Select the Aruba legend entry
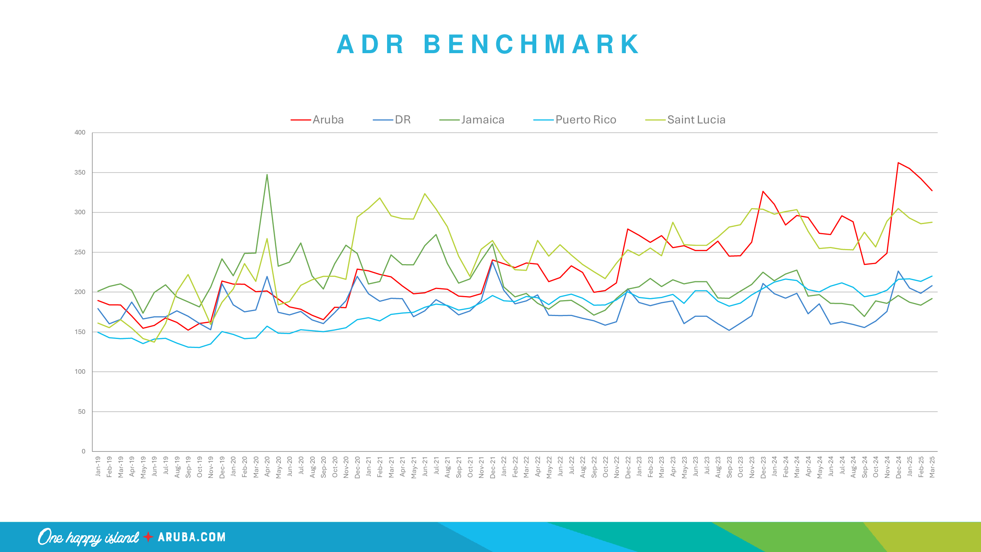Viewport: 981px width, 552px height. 328,120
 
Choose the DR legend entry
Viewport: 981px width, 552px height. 403,120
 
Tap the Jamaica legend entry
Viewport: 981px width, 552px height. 482,120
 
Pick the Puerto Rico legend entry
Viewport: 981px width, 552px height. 585,120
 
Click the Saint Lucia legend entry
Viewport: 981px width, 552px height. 696,120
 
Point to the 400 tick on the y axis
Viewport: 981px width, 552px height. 80,132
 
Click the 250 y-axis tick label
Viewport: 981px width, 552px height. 80,252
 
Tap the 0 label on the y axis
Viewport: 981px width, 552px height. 83,451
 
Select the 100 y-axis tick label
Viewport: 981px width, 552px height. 80,372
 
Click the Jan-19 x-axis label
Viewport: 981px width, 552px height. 98,467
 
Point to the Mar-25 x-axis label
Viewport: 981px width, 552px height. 932,467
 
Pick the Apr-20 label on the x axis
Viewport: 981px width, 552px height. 267,467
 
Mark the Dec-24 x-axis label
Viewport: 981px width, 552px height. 898,467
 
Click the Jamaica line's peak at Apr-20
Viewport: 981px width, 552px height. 267,175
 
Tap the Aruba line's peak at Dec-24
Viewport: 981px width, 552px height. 898,163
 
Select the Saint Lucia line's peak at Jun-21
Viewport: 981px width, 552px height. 425,194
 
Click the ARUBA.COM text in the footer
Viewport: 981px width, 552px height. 192,537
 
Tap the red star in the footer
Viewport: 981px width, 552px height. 148,537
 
